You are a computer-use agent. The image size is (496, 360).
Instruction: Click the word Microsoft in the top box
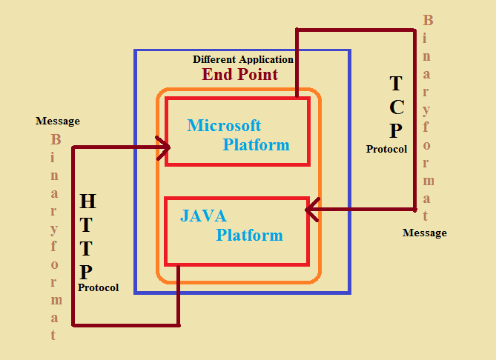tap(224, 125)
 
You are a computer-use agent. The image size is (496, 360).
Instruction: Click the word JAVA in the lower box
tap(203, 216)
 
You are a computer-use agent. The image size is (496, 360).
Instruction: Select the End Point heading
tap(240, 74)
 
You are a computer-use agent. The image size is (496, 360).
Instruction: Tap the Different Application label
tap(243, 59)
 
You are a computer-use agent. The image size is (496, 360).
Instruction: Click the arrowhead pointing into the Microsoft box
tap(164, 147)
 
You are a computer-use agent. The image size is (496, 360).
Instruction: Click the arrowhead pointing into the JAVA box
tap(311, 210)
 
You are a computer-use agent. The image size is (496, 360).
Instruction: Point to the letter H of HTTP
tap(87, 201)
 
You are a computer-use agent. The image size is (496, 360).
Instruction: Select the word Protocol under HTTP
tap(98, 287)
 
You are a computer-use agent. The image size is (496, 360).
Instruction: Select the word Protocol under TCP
tap(386, 149)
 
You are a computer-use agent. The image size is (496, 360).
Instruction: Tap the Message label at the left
tap(58, 121)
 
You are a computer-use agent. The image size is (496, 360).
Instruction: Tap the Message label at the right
tap(424, 233)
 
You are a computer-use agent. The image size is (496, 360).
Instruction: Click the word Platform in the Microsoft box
tap(256, 144)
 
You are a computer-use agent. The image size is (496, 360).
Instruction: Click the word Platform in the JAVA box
tap(249, 236)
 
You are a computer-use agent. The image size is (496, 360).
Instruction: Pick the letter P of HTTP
tap(87, 271)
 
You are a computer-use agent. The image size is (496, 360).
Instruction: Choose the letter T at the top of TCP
tap(396, 82)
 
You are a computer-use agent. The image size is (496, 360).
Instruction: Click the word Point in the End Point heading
tap(258, 74)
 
